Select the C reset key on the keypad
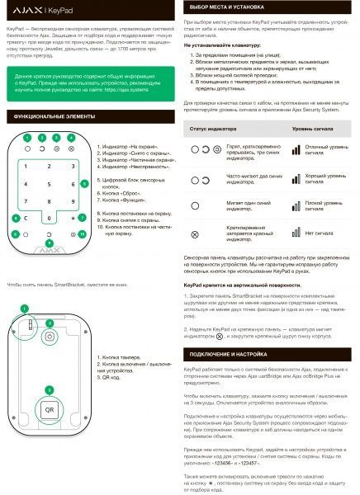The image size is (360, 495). (x=26, y=219)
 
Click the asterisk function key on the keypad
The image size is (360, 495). (x=73, y=219)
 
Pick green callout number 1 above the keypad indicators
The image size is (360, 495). (x=26, y=136)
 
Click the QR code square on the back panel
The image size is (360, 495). (x=50, y=408)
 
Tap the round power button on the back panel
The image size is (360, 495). (x=50, y=337)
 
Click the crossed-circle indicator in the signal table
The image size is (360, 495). (x=195, y=234)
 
